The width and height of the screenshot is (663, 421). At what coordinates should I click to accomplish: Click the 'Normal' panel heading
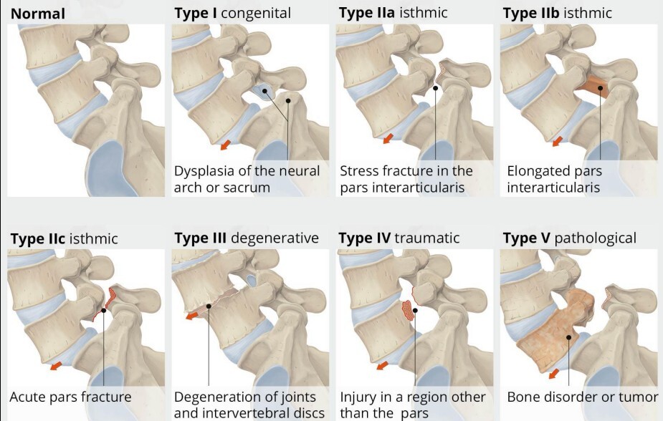point(38,13)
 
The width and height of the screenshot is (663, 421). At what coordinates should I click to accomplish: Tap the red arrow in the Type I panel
point(225,145)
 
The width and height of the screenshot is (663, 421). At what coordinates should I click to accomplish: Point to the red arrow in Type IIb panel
point(555,142)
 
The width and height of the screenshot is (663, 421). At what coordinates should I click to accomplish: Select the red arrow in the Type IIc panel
point(55,367)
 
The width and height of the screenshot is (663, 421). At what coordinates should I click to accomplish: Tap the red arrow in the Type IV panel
point(383,366)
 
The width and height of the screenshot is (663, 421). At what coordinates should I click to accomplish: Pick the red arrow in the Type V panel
point(554,372)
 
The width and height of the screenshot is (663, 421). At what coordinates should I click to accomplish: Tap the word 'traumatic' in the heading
point(427,238)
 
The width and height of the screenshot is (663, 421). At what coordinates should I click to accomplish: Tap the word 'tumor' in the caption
point(639,397)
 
